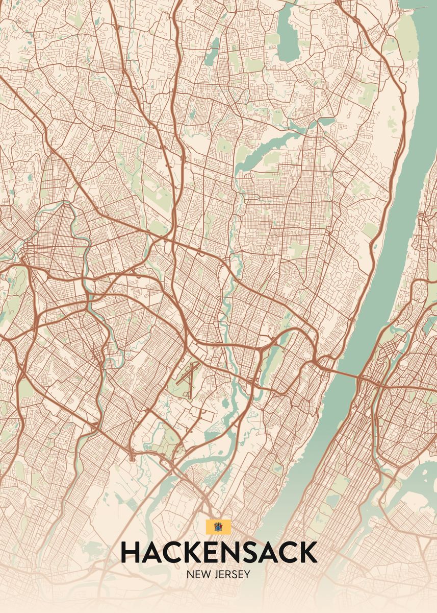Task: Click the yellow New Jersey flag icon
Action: tap(218, 527)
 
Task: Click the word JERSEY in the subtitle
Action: tap(232, 574)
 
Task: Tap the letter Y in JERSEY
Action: tap(247, 574)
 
